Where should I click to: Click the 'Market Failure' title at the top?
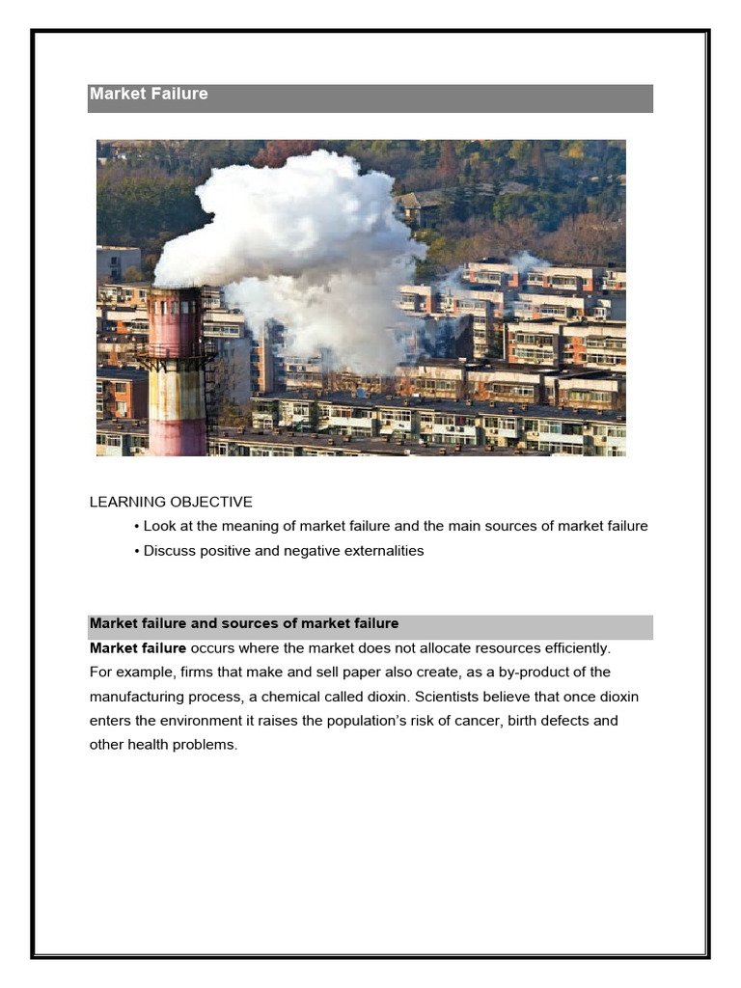[x=149, y=95]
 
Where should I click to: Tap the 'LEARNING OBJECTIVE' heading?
[x=171, y=502]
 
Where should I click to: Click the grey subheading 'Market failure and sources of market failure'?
[x=244, y=623]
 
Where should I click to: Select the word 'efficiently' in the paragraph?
[x=573, y=647]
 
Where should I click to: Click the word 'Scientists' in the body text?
[x=449, y=696]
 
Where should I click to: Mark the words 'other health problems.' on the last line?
[x=163, y=745]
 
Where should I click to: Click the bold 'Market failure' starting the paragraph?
[x=138, y=647]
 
